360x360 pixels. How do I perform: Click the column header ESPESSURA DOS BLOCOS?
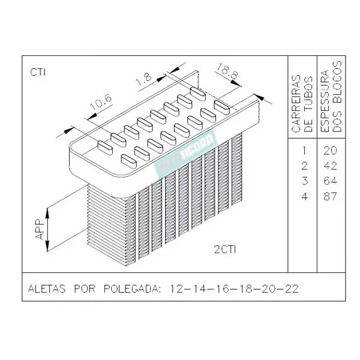(x=331, y=96)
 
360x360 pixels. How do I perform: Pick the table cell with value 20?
(x=331, y=150)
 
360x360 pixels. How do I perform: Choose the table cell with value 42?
(x=331, y=166)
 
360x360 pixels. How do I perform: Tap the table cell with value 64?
(x=331, y=181)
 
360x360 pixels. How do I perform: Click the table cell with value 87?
(x=331, y=196)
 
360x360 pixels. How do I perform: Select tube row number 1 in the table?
(x=305, y=150)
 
